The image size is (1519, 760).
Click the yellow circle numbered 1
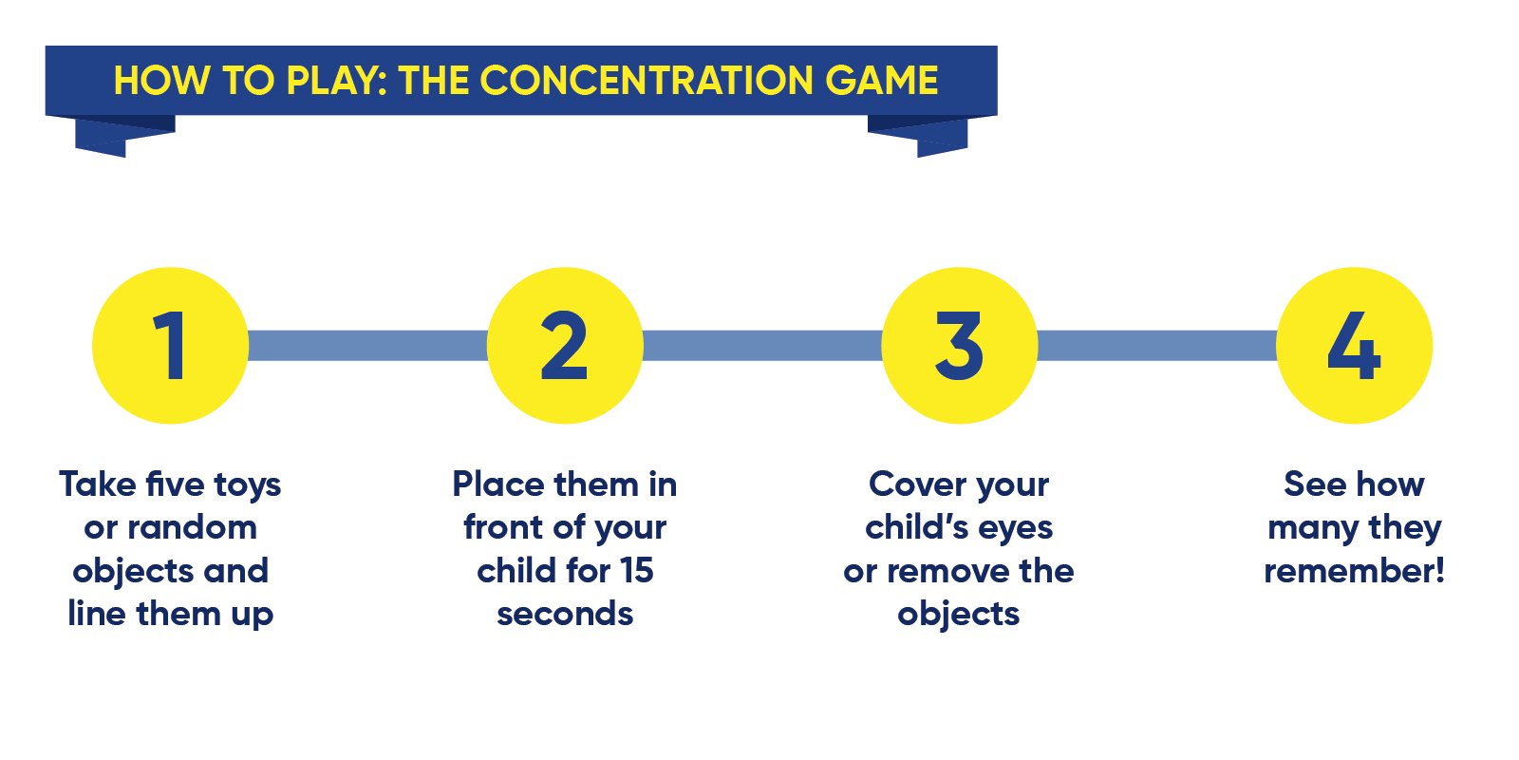tap(170, 346)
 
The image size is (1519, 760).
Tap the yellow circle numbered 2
tap(565, 346)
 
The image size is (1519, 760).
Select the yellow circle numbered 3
tap(960, 346)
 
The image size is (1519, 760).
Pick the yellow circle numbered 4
tap(1354, 346)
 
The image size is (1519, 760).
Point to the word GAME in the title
tap(882, 80)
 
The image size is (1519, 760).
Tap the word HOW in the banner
tap(162, 80)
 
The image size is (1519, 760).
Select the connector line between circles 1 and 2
tap(367, 346)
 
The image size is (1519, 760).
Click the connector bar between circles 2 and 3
tap(762, 346)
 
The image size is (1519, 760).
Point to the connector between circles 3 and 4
tap(1157, 346)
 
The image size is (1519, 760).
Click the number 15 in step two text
tap(637, 570)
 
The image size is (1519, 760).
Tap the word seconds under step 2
tap(565, 614)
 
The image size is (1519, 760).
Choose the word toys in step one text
tap(248, 485)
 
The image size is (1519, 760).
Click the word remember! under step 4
tap(1354, 571)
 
